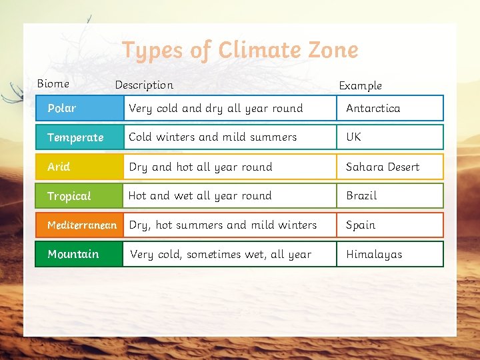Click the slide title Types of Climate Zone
click(240, 50)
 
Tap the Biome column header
click(53, 83)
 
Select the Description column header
click(144, 85)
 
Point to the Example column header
click(360, 85)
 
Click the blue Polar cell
click(79, 108)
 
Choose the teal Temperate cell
click(79, 137)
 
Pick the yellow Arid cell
click(79, 167)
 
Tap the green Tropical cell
click(79, 196)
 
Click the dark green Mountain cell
click(79, 254)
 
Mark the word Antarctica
click(373, 108)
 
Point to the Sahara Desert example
click(383, 167)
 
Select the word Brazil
click(361, 196)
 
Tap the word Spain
click(361, 225)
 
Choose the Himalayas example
click(374, 254)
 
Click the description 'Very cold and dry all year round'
click(215, 108)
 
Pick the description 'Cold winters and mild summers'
click(213, 137)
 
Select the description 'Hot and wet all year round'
click(200, 196)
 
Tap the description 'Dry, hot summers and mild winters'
click(223, 225)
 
